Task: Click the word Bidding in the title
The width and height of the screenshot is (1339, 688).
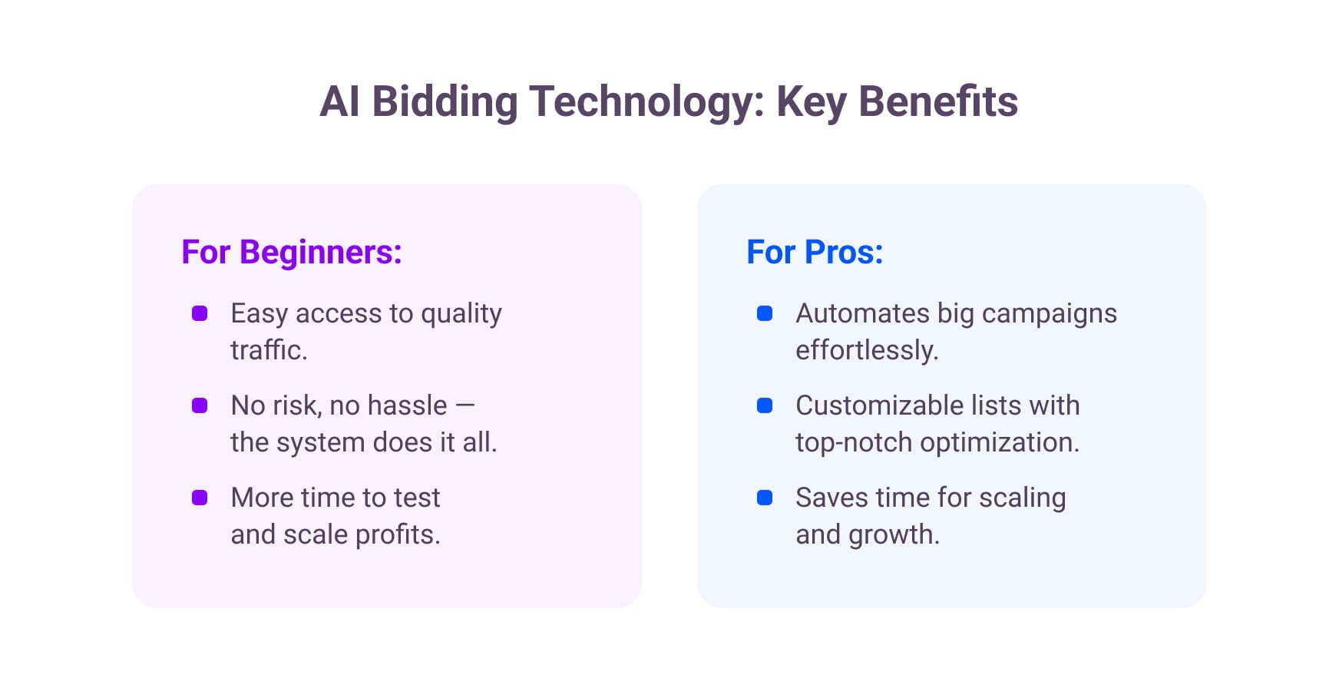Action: tap(445, 102)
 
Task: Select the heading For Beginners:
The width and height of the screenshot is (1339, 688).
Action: tap(292, 252)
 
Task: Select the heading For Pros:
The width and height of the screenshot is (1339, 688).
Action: tap(815, 252)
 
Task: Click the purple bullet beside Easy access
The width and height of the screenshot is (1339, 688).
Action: tap(200, 313)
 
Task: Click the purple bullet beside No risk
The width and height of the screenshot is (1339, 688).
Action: tap(200, 405)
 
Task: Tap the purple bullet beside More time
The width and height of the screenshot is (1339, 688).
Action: tap(200, 498)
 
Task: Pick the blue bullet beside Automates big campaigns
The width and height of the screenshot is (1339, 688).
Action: tap(765, 313)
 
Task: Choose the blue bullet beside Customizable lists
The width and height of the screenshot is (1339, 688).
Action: tap(765, 405)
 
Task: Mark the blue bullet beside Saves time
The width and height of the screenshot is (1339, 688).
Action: tap(765, 498)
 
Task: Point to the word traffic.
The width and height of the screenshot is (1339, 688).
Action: tap(268, 350)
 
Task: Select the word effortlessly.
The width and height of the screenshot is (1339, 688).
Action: tap(866, 350)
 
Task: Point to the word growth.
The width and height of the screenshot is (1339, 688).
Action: tap(894, 534)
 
